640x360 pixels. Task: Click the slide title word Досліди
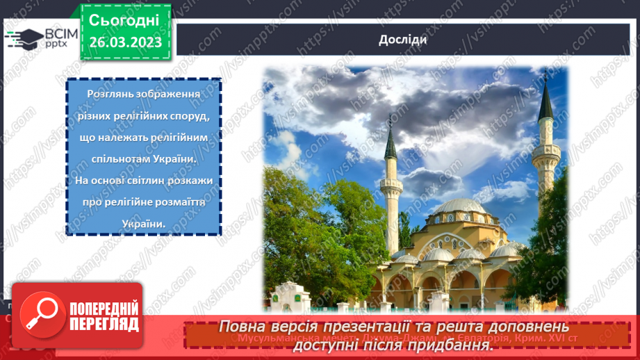point(403,40)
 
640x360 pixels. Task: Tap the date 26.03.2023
point(125,42)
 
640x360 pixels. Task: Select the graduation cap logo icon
point(24,39)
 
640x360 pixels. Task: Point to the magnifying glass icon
point(39,313)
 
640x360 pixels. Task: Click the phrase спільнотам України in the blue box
point(144,158)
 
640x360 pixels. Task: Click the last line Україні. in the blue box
point(144,223)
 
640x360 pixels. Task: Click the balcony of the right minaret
point(546,149)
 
